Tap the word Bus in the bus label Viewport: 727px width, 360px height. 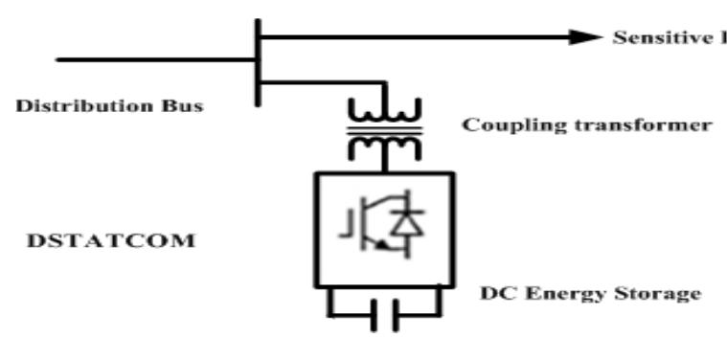184,104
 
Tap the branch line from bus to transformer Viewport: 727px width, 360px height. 307,83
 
